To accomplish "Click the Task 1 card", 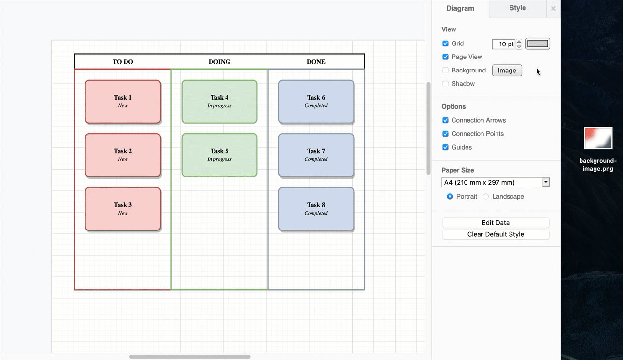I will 123,101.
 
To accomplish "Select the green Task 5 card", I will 219,155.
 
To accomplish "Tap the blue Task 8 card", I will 316,209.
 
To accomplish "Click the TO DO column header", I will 123,62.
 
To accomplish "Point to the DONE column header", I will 316,62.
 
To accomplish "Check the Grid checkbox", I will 445,43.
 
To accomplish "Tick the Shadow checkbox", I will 445,84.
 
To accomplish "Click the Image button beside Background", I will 507,71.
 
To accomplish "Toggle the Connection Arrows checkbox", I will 445,120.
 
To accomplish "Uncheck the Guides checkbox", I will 445,147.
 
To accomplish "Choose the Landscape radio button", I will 486,197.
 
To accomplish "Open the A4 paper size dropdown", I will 496,182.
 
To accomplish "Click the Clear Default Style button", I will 496,234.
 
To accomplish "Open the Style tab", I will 517,8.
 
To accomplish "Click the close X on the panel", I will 553,9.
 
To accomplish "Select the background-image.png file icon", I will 598,138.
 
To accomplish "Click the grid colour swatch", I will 538,44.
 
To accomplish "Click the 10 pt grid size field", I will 504,44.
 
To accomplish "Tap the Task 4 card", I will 219,101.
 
